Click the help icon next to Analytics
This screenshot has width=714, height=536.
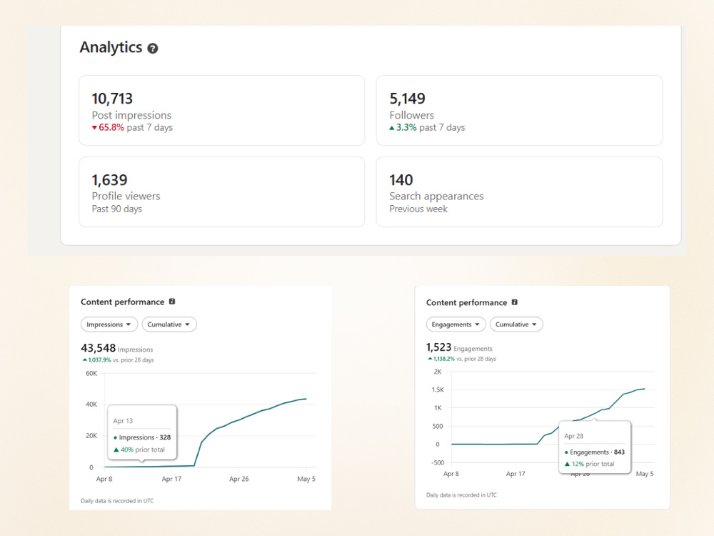click(x=153, y=49)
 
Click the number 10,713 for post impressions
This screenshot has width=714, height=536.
click(x=112, y=99)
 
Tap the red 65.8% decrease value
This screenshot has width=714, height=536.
click(x=111, y=128)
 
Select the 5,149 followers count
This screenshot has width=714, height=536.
click(x=407, y=99)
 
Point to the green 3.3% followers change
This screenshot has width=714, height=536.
click(x=406, y=128)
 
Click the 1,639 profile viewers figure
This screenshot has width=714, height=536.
click(x=109, y=180)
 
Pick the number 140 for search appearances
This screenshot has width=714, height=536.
click(x=401, y=180)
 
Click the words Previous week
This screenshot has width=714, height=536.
click(x=418, y=209)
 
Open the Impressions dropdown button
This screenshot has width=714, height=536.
click(x=109, y=324)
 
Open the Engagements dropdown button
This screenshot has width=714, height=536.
click(x=456, y=324)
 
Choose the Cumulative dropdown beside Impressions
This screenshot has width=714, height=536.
click(x=169, y=324)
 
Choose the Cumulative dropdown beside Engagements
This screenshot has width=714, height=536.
click(x=516, y=324)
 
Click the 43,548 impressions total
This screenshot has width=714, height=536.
click(x=99, y=348)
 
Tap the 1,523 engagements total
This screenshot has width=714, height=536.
click(x=438, y=347)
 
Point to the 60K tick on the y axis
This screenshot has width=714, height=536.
click(x=91, y=374)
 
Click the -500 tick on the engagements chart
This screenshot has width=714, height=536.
click(x=438, y=462)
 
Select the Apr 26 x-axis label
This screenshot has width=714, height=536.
click(x=238, y=479)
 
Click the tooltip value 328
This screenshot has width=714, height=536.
click(x=165, y=437)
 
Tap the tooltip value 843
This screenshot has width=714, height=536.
click(x=619, y=452)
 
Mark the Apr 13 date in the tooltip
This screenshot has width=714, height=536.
click(x=123, y=421)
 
